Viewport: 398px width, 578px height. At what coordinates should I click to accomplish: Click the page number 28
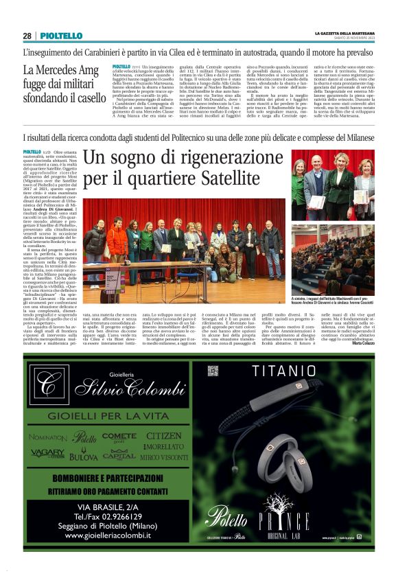(x=27, y=36)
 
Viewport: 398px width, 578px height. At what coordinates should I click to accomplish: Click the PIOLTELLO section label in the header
(x=61, y=36)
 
